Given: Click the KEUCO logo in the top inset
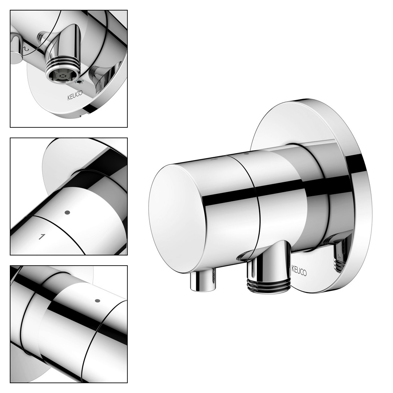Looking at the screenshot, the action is pos(75,96).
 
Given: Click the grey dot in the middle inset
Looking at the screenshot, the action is pos(67,213).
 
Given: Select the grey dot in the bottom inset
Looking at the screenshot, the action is pos(98,301).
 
